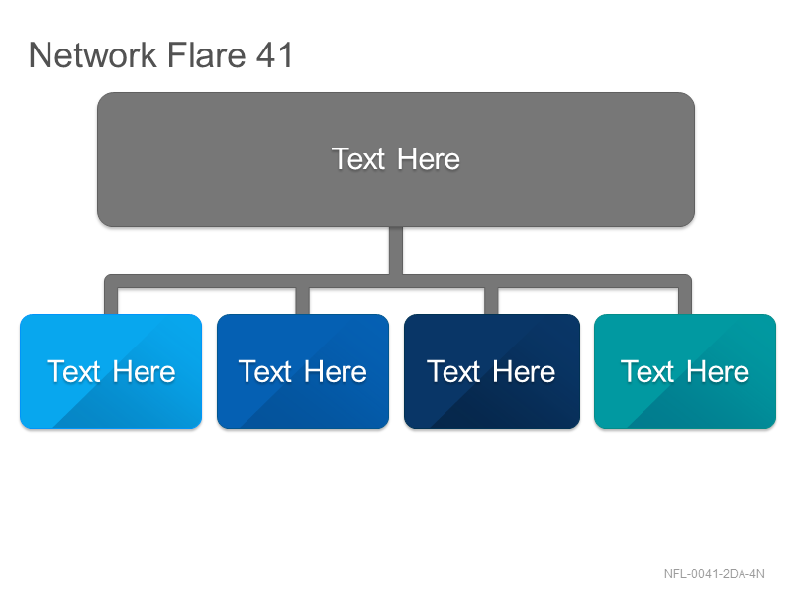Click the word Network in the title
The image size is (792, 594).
click(93, 55)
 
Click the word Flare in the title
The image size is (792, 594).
click(206, 54)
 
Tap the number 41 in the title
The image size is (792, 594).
click(274, 55)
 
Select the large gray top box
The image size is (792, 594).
click(396, 159)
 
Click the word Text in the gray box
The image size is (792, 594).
click(358, 159)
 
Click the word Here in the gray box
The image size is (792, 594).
click(429, 159)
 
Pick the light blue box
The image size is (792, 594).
click(111, 371)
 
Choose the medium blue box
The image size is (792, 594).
click(303, 371)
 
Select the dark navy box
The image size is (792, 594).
click(492, 371)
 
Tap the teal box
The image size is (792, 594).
click(685, 371)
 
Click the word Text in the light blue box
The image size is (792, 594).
click(73, 372)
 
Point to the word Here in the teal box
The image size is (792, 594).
click(718, 372)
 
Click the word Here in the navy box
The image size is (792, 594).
click(524, 372)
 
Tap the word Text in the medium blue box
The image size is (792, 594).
click(265, 372)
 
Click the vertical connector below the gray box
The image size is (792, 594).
click(396, 250)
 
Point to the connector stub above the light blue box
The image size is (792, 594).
click(111, 301)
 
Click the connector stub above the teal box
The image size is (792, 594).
click(685, 301)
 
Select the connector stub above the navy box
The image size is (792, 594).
click(491, 301)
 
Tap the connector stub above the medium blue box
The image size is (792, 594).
click(303, 301)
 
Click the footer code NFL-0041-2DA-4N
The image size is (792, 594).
click(714, 574)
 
